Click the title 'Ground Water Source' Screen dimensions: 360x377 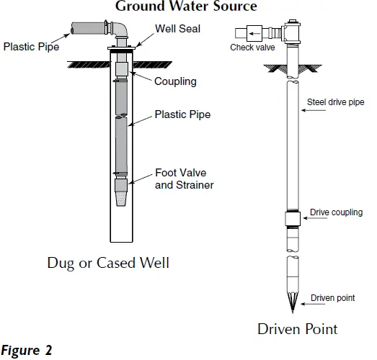(186, 6)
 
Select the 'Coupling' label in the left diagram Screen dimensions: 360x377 (175, 81)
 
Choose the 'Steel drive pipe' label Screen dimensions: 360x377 (336, 102)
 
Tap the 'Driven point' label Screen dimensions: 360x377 (332, 298)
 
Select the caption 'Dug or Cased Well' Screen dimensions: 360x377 (108, 263)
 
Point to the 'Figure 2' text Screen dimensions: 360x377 (27, 352)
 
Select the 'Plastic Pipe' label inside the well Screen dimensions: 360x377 (183, 114)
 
